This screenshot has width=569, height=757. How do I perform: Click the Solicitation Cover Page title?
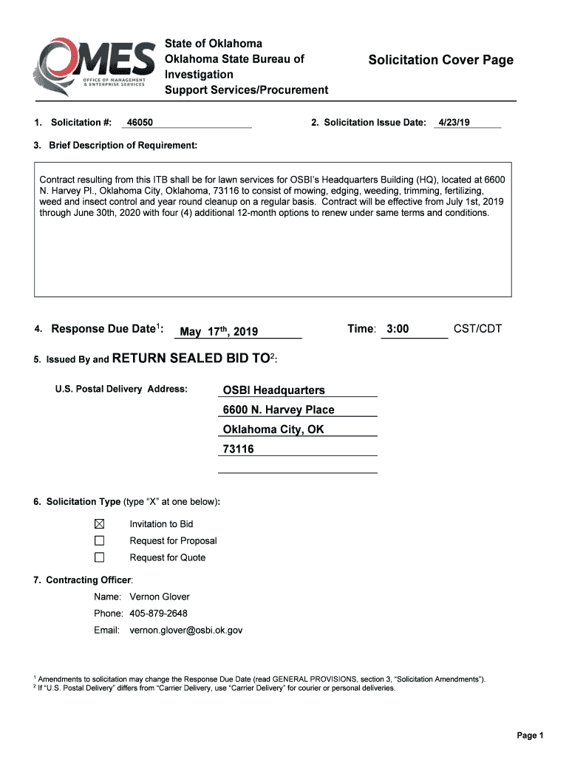(440, 60)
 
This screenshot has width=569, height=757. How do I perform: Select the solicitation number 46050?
(140, 123)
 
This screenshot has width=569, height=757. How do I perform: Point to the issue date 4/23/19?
(454, 123)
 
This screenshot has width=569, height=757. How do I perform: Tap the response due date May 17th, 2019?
(219, 332)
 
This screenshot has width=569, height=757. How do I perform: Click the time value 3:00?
(398, 329)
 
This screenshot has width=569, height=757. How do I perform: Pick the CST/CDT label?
(477, 329)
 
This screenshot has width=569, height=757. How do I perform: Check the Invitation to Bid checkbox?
(99, 523)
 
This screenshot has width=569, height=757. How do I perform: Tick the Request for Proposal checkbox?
(99, 540)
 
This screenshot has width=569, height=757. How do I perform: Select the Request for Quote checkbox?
(99, 557)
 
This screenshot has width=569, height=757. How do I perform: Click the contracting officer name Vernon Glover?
(160, 597)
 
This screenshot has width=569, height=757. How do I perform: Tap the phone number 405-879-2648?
(158, 614)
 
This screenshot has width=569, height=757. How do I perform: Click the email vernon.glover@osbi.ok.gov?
(185, 631)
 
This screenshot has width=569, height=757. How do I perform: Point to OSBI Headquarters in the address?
(273, 390)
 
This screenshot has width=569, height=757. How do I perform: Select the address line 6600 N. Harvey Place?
(279, 410)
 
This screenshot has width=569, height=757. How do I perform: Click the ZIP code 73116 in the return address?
(238, 449)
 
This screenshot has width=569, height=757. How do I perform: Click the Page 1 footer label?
(530, 735)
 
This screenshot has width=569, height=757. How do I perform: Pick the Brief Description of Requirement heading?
(123, 145)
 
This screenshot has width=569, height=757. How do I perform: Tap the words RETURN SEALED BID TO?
(191, 359)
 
